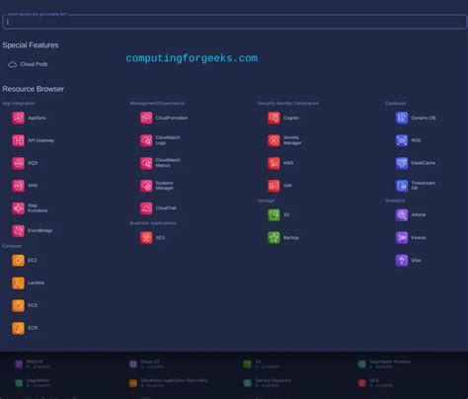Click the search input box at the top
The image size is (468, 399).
tap(234, 22)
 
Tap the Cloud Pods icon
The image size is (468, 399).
tap(13, 64)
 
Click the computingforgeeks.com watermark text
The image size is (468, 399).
tap(192, 58)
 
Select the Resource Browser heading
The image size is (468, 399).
tap(33, 89)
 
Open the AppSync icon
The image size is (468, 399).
tap(18, 118)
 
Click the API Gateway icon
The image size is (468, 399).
tap(18, 140)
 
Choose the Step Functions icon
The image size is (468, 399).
tap(18, 207)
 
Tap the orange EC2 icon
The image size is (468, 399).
tap(18, 261)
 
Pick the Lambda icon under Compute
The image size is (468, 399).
tap(18, 282)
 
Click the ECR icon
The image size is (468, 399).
tap(18, 328)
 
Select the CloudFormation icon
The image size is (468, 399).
tap(145, 118)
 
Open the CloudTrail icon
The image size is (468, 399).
tap(145, 207)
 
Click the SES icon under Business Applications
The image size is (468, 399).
tap(145, 237)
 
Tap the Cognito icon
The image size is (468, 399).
tap(273, 118)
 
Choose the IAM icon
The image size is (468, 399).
tap(273, 185)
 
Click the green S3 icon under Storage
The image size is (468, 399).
tap(273, 214)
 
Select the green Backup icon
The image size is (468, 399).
tap(273, 237)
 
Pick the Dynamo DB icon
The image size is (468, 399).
tap(402, 118)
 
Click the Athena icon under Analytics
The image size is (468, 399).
tap(402, 214)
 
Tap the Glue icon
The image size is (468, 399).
tap(402, 261)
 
